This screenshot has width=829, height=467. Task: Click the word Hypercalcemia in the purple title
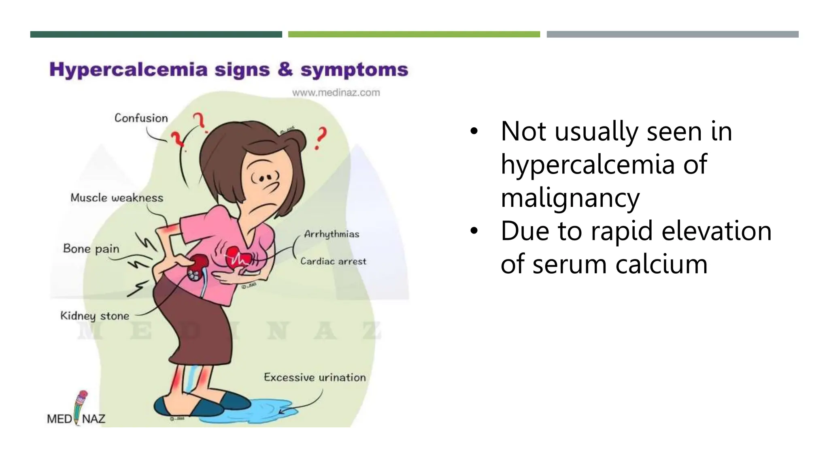(128, 70)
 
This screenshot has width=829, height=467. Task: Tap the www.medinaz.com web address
(336, 92)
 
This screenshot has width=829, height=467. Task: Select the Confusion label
(141, 118)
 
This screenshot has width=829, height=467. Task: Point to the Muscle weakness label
(117, 198)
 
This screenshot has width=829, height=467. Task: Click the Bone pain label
(91, 248)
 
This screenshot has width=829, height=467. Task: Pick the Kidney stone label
(95, 316)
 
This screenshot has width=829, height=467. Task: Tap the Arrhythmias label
(332, 234)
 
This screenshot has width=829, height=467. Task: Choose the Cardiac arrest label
(333, 261)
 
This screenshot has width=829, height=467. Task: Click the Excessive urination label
(315, 377)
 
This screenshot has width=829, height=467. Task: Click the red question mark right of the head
(321, 138)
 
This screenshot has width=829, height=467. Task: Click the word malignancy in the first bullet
(570, 198)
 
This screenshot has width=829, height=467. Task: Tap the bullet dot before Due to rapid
(474, 231)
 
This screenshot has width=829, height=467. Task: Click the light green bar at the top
(414, 34)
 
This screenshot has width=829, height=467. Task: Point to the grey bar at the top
(672, 34)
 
